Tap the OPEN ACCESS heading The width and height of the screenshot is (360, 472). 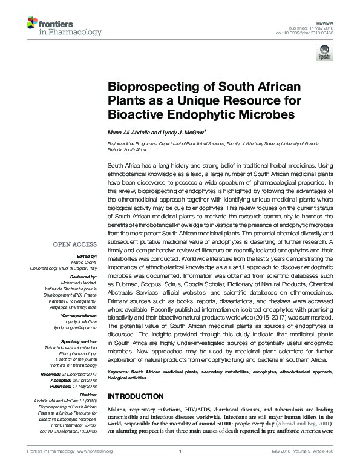74,245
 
